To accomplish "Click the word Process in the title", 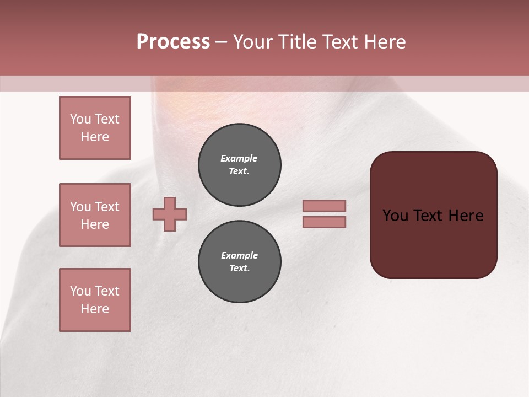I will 173,42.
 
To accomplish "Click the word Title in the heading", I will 294,42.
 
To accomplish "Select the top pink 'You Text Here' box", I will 95,128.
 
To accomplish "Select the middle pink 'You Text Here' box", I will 95,215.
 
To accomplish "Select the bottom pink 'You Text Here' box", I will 95,300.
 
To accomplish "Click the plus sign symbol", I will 170,214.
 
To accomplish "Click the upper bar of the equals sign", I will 324,206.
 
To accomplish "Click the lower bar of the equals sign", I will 324,222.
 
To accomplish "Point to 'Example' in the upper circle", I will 239,158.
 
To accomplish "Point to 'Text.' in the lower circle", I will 239,269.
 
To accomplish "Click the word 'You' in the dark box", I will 396,216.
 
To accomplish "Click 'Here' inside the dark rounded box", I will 466,216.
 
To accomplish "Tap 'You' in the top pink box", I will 80,119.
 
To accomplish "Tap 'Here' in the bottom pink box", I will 95,309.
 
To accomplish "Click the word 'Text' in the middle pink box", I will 106,207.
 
